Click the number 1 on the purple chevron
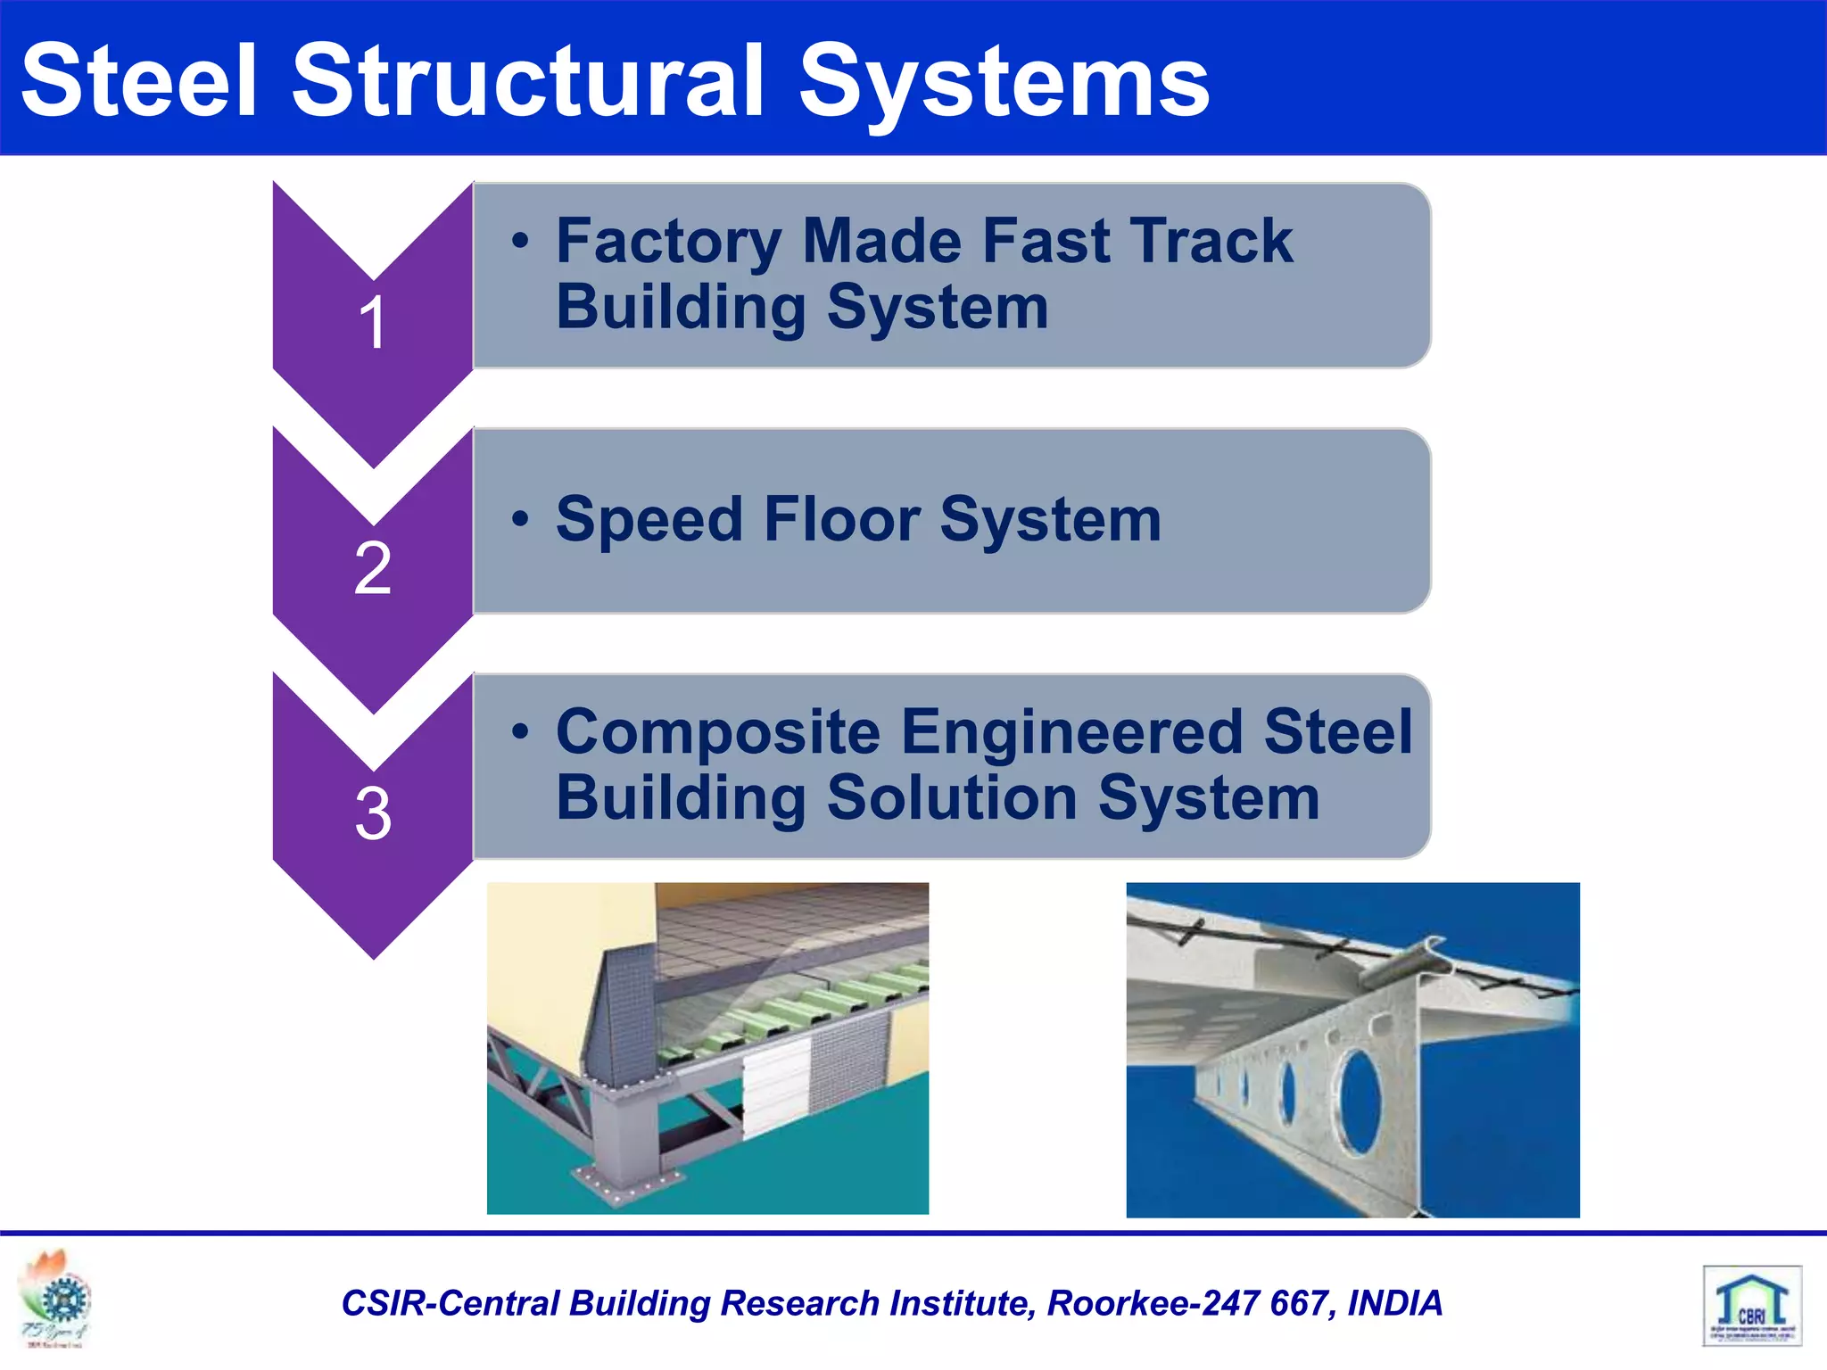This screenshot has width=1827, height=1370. [373, 322]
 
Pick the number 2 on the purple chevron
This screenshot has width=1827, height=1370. [373, 568]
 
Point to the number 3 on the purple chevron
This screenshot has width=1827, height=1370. [373, 813]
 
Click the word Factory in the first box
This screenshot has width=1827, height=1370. [668, 243]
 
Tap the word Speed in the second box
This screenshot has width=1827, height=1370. [649, 519]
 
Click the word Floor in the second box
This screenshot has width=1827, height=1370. [842, 519]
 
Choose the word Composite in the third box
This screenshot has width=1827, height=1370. [718, 732]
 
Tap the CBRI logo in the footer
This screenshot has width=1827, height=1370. [1751, 1305]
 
